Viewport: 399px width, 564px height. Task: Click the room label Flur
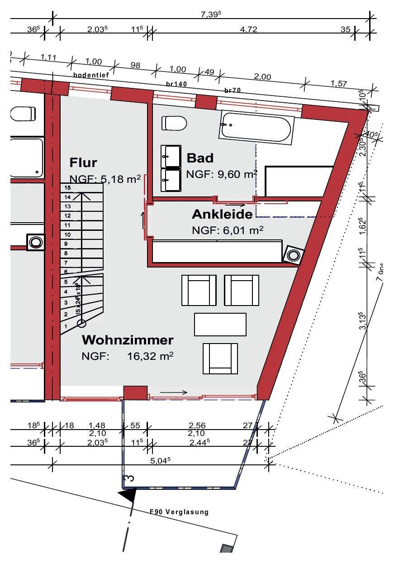83,162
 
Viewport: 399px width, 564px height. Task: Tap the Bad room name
200,158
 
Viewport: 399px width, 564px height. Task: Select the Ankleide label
222,214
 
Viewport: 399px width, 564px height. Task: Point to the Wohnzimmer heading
128,339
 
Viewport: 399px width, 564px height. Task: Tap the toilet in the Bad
174,123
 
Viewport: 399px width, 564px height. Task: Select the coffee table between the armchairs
220,324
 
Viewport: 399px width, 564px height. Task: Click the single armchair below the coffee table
220,358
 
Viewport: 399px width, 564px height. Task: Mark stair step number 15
68,187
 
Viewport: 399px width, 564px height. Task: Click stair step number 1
66,326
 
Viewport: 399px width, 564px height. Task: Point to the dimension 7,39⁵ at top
211,14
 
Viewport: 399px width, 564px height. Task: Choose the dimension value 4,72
248,30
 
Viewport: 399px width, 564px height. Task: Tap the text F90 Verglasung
179,512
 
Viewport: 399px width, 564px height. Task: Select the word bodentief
91,75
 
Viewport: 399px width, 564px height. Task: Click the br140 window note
176,84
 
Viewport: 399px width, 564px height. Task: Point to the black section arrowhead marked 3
128,496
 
